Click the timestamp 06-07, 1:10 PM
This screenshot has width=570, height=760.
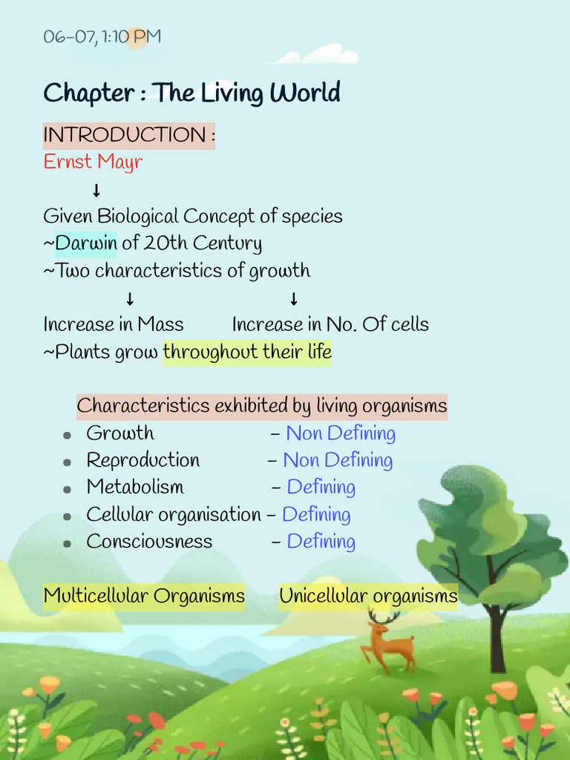pyautogui.click(x=102, y=36)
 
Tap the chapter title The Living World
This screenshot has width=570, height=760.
pyautogui.click(x=191, y=94)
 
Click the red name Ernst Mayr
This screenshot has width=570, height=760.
pyautogui.click(x=93, y=162)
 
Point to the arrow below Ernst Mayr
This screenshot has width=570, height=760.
pyautogui.click(x=96, y=190)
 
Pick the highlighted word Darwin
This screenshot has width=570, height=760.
pyautogui.click(x=86, y=243)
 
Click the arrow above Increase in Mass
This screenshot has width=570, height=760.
pyautogui.click(x=130, y=299)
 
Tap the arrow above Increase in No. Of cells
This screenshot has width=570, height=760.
pyautogui.click(x=294, y=299)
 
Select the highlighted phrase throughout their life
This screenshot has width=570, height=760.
pyautogui.click(x=247, y=352)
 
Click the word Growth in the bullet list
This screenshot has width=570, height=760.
pyautogui.click(x=120, y=433)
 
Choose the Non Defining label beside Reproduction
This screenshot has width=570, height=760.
pyautogui.click(x=338, y=460)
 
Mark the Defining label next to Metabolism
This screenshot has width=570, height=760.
pyautogui.click(x=321, y=488)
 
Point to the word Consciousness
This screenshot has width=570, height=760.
pyautogui.click(x=149, y=542)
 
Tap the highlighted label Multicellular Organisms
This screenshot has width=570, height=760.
pyautogui.click(x=144, y=596)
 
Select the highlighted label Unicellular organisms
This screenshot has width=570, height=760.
pyautogui.click(x=368, y=596)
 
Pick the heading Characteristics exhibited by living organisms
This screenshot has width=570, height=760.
pyautogui.click(x=262, y=406)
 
